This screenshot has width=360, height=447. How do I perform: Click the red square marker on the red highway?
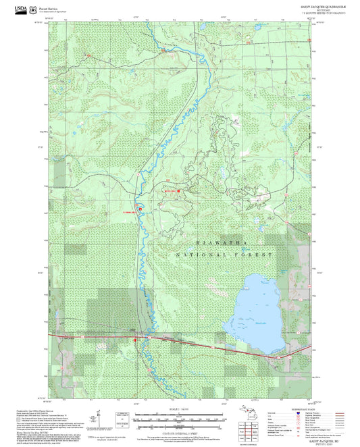pyautogui.click(x=136, y=340)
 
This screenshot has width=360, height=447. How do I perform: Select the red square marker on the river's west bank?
pyautogui.click(x=140, y=209)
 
